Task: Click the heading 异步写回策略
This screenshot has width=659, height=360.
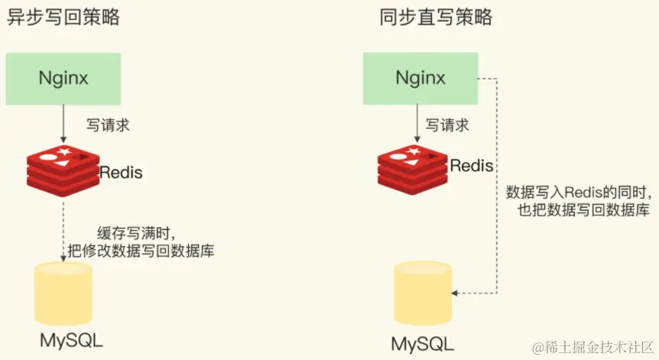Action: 63,18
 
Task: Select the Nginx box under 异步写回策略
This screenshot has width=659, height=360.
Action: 63,78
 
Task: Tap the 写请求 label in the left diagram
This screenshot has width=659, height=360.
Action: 106,125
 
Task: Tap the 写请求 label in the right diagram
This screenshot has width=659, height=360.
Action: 447,125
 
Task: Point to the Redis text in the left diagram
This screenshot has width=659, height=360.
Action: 121,172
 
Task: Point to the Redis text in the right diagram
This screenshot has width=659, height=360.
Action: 472,165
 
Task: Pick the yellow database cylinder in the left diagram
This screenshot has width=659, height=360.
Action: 64,293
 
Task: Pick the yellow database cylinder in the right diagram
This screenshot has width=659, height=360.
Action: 421,294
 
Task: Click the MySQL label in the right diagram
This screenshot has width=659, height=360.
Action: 421,343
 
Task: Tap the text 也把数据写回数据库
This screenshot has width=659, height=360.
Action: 584,211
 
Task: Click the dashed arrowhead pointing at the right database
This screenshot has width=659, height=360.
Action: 456,293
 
